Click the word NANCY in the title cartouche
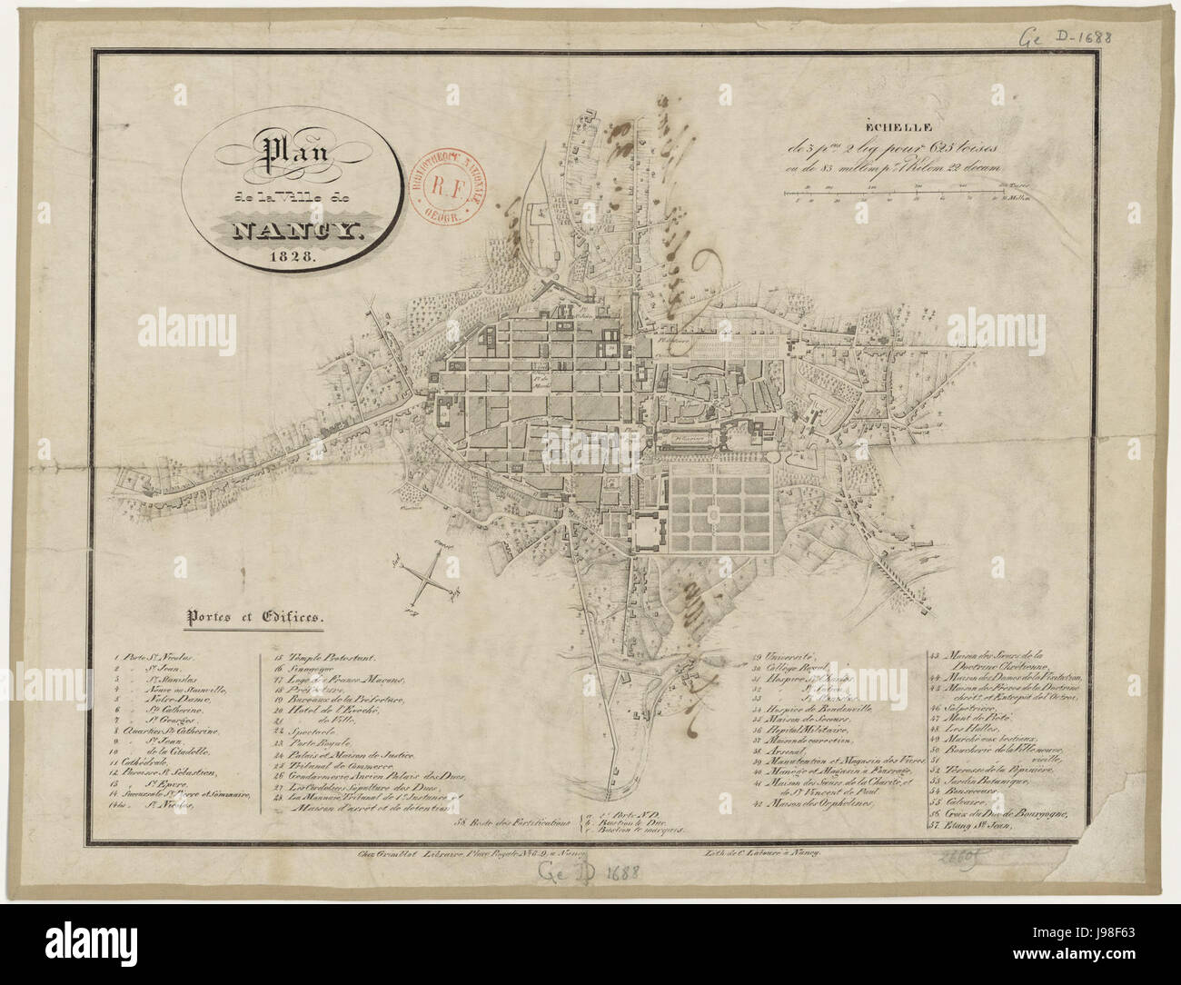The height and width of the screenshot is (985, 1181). (296, 232)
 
